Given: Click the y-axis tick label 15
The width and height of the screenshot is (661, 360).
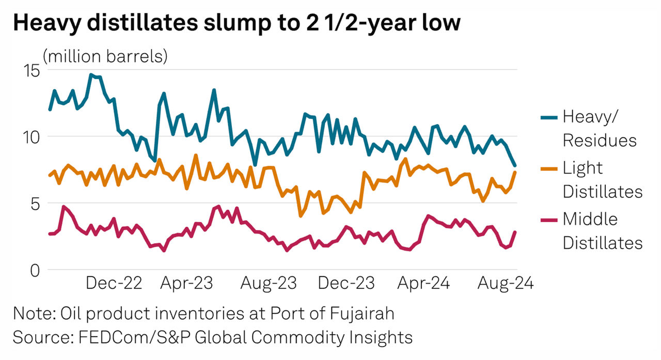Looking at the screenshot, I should click(32, 70).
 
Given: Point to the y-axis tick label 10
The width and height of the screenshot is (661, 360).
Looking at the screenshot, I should click(32, 137).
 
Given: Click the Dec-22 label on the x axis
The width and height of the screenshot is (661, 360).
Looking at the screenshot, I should click(114, 283).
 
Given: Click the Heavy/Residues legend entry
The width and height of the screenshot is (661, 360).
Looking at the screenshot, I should click(599, 128).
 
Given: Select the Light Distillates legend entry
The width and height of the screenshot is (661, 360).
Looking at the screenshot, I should click(602, 179).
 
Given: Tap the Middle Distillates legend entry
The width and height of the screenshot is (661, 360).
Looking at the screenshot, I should click(602, 230).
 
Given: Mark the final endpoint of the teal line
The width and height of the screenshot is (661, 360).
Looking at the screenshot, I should click(515, 165).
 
